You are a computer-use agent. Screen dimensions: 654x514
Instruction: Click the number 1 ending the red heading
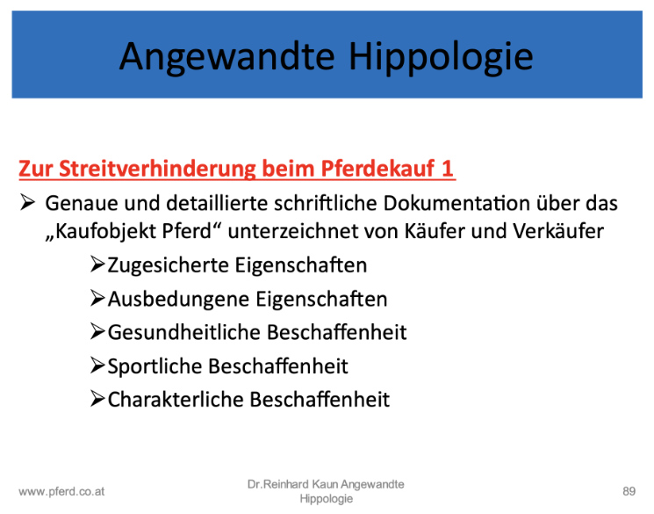(447, 169)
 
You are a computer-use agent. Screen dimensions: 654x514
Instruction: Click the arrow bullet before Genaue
(27, 202)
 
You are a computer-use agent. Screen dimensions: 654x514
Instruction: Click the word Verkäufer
(558, 231)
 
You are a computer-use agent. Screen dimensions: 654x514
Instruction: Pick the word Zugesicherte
(169, 265)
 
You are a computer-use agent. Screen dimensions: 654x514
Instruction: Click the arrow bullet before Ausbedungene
(97, 298)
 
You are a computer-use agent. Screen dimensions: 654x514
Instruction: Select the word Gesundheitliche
(184, 332)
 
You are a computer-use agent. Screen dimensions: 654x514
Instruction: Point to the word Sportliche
(155, 366)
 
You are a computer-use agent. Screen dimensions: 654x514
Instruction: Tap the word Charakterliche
(176, 400)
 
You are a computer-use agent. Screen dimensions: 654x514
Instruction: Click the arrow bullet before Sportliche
(97, 366)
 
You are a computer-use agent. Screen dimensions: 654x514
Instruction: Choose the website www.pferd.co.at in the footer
(61, 492)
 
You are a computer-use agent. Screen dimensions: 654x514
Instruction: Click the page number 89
(629, 491)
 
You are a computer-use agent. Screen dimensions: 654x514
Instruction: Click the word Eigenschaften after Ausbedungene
(321, 300)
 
